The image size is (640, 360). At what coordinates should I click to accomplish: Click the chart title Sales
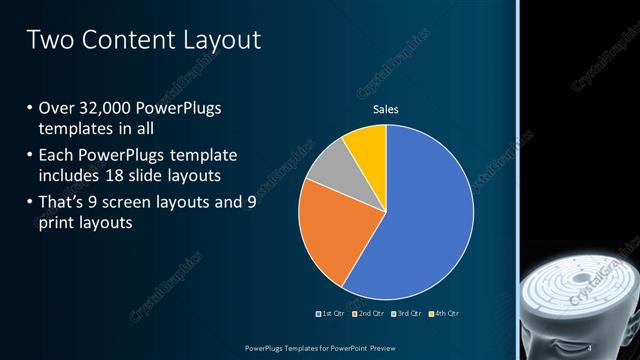386,109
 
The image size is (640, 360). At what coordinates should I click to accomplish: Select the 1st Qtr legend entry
331,315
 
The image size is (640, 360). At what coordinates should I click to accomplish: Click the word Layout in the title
221,41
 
